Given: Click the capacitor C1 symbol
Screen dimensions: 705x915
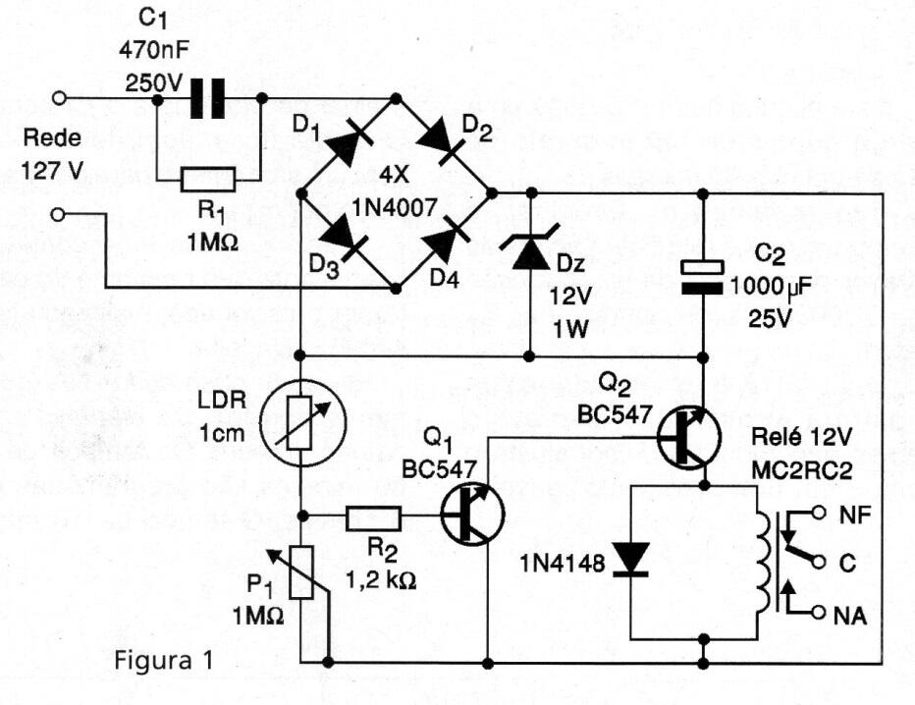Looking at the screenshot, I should pyautogui.click(x=208, y=98).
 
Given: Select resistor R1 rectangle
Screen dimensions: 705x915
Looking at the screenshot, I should pyautogui.click(x=208, y=180).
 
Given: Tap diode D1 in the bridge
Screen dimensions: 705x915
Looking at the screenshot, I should pyautogui.click(x=347, y=144).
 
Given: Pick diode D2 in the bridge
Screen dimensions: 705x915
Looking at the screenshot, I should pyautogui.click(x=445, y=144).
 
